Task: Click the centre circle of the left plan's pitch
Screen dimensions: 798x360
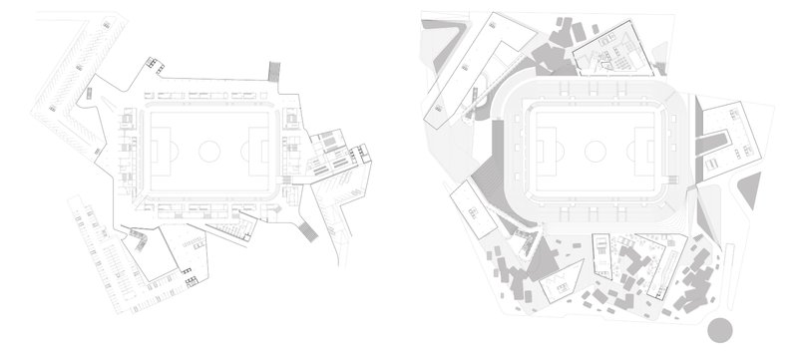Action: [x=209, y=151]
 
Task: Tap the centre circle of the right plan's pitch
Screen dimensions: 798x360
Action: [x=596, y=152]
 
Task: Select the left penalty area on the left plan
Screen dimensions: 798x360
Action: [x=159, y=151]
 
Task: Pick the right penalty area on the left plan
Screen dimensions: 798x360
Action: [x=259, y=151]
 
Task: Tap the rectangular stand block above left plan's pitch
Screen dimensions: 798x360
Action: [x=209, y=97]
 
